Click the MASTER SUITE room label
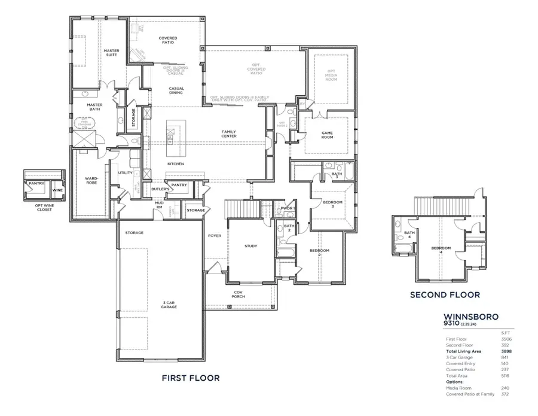pos(112,53)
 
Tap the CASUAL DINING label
pos(176,91)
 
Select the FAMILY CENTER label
pos(229,134)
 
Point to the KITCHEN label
pos(176,164)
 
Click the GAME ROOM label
pos(327,135)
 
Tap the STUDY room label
pos(250,246)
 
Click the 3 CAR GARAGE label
pos(169,305)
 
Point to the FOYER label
pos(215,236)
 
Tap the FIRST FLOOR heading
pos(191,378)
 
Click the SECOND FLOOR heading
pos(445,294)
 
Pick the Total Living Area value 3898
pos(506,352)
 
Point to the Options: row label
pos(454,381)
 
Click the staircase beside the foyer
pos(242,209)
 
